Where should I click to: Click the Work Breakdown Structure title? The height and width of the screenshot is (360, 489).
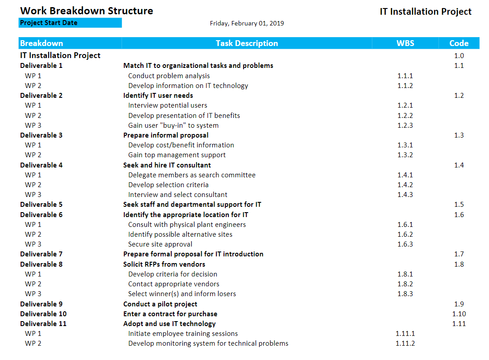tap(86, 11)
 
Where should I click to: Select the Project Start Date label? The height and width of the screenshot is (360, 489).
tap(49, 23)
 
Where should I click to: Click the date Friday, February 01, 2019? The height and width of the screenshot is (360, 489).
tap(247, 23)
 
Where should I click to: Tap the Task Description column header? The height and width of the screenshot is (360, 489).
tap(247, 43)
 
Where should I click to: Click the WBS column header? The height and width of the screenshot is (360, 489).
tap(405, 43)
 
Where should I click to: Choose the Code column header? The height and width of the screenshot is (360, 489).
tap(459, 43)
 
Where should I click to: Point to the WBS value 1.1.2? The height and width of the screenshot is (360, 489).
tap(405, 86)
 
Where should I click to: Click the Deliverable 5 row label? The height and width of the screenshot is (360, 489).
tap(41, 205)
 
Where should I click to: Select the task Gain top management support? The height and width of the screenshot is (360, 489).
tap(177, 155)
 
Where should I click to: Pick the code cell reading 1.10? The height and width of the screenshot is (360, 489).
tap(459, 314)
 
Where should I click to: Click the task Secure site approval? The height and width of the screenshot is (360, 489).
tap(160, 244)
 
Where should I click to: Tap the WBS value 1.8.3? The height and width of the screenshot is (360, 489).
tap(405, 294)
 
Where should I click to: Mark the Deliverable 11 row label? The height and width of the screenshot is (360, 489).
tap(43, 324)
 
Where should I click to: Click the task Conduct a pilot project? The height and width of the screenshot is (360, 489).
tap(160, 304)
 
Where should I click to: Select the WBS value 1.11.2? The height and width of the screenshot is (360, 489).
tap(405, 343)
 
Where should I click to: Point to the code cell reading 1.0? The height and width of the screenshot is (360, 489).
tap(459, 56)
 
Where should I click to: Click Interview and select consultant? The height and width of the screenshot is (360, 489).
tap(177, 195)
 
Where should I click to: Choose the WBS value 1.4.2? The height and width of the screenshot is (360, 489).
tap(405, 185)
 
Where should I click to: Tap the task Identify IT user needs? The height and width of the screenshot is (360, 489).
tap(158, 96)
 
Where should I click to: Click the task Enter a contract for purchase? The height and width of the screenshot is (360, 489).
tap(170, 314)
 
